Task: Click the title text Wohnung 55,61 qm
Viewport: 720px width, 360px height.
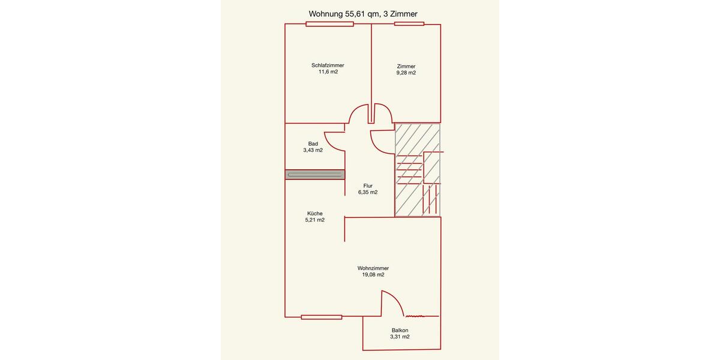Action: click(x=363, y=14)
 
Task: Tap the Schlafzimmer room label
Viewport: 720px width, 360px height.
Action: click(x=328, y=65)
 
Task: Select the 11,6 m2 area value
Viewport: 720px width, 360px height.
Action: click(x=328, y=72)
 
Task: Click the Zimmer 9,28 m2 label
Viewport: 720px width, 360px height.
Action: click(x=406, y=70)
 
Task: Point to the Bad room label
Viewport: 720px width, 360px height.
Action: click(x=313, y=143)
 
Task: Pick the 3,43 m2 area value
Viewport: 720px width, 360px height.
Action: click(x=313, y=150)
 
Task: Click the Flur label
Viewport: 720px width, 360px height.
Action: click(x=368, y=186)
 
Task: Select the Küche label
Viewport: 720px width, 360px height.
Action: click(x=315, y=213)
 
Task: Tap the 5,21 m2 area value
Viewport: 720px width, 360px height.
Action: click(x=315, y=220)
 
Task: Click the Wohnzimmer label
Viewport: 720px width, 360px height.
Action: click(x=373, y=268)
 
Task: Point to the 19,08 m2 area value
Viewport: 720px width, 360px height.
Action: click(x=373, y=275)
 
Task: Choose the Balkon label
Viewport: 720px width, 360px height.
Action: click(x=400, y=330)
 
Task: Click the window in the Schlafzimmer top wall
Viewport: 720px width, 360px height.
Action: click(x=329, y=24)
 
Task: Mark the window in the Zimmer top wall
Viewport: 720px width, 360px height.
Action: click(x=409, y=24)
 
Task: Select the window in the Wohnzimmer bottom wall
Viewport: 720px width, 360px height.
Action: click(x=322, y=317)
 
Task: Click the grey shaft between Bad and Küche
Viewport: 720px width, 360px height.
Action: click(x=315, y=175)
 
